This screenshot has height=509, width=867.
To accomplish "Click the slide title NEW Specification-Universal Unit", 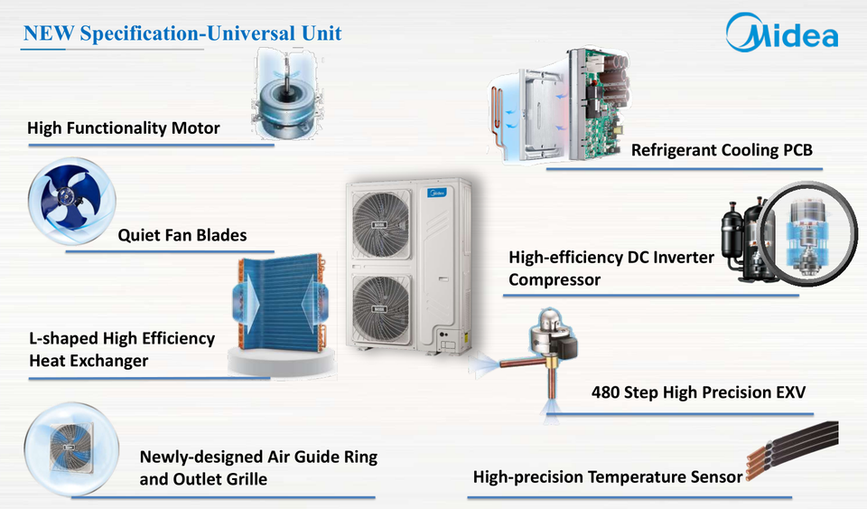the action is (x=182, y=33).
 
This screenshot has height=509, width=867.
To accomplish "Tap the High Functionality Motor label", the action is (x=124, y=127).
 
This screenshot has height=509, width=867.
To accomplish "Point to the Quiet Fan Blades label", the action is (x=182, y=235).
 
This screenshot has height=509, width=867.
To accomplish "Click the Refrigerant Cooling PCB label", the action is (x=722, y=149).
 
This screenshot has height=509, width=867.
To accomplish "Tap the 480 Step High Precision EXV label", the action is (x=698, y=392).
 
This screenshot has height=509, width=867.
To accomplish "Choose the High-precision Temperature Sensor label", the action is (x=608, y=476).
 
